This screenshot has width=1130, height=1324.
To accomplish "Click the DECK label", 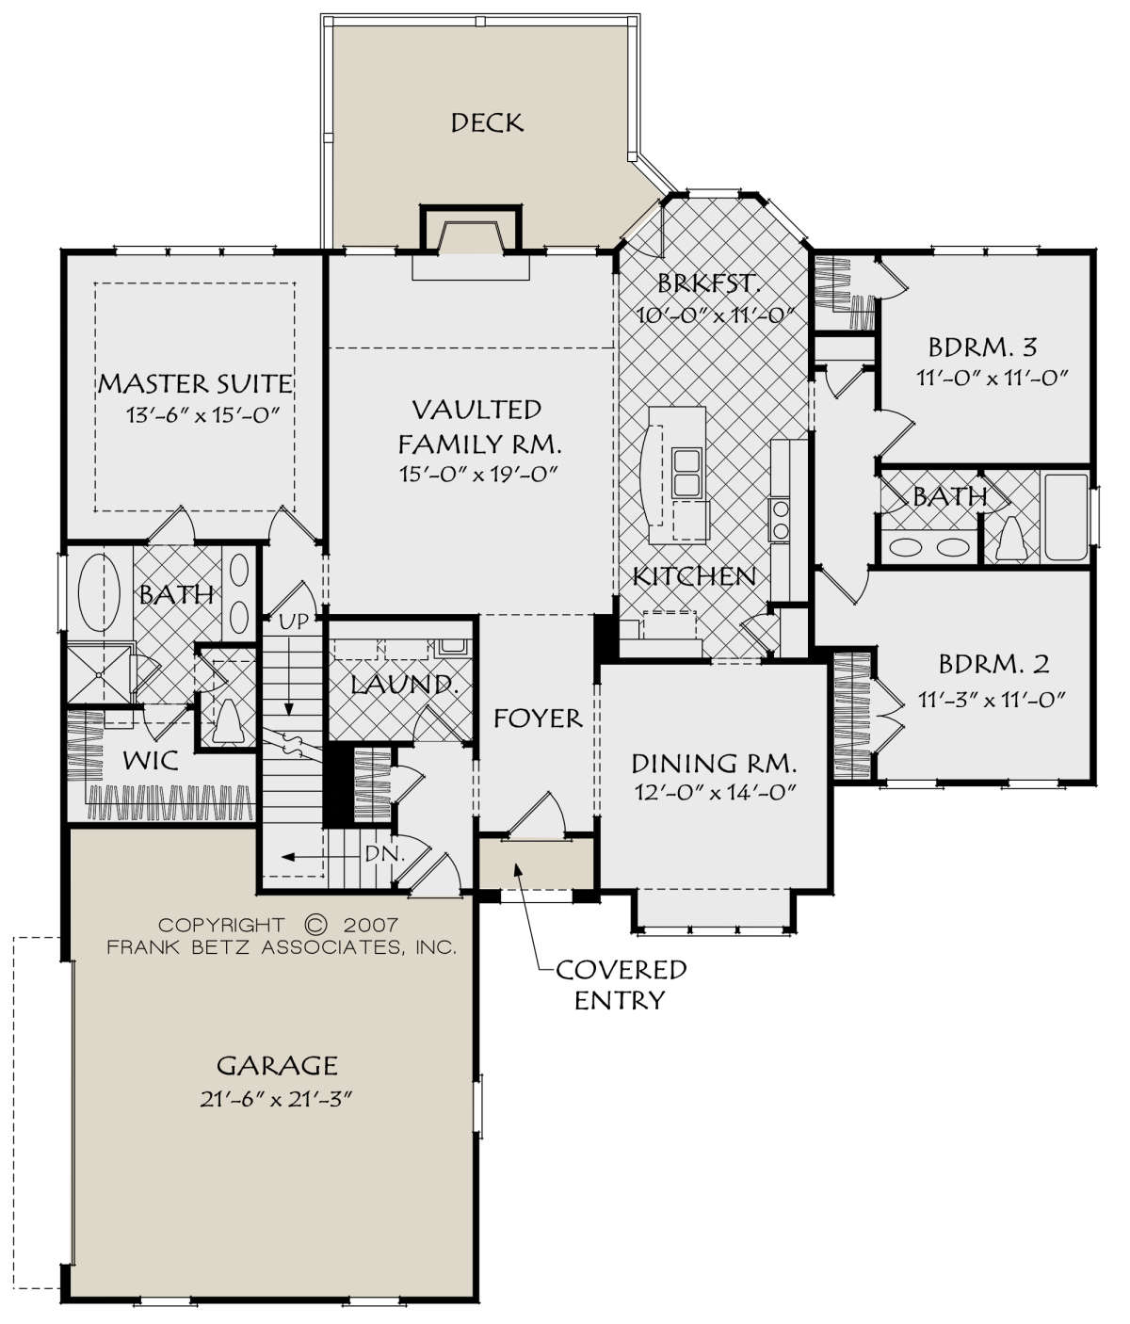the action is click(487, 122).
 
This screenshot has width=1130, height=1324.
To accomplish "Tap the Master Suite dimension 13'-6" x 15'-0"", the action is click(203, 415).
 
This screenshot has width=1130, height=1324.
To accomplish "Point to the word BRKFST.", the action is click(709, 283).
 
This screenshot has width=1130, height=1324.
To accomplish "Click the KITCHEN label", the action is click(694, 576).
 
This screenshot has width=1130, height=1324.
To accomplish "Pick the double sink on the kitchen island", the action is click(686, 473).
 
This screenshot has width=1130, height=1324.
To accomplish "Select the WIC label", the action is click(151, 760).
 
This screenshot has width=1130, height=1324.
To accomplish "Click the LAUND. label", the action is click(405, 685).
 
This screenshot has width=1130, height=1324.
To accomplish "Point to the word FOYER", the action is click(538, 719).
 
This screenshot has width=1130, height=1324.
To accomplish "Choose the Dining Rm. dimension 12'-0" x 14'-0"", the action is click(715, 792).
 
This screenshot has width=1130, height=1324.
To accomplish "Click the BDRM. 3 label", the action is click(983, 347).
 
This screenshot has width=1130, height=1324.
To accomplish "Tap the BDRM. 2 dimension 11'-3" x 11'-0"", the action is click(993, 700).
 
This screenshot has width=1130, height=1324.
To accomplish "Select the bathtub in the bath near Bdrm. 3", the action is click(1067, 518).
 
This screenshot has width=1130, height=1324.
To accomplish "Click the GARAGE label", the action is click(277, 1065).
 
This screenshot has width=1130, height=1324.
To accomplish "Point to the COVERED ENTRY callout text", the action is click(621, 984).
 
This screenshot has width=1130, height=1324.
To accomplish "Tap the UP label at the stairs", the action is click(294, 621).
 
